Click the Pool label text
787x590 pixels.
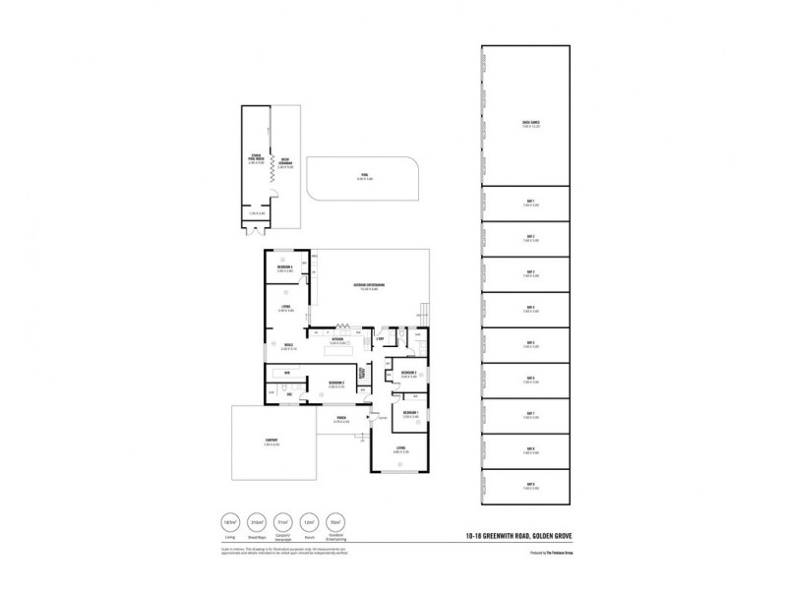pyautogui.click(x=363, y=176)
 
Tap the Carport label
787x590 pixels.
pyautogui.click(x=271, y=441)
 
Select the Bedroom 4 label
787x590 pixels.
pyautogui.click(x=286, y=268)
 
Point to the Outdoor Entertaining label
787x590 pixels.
pyautogui.click(x=369, y=287)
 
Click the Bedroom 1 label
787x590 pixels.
pyautogui.click(x=410, y=413)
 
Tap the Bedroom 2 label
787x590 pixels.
pyautogui.click(x=335, y=383)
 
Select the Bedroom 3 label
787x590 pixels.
pyautogui.click(x=410, y=374)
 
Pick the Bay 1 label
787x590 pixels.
pyautogui.click(x=530, y=202)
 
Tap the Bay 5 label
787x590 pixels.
pyautogui.click(x=530, y=344)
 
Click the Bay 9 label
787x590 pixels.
pyautogui.click(x=530, y=485)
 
